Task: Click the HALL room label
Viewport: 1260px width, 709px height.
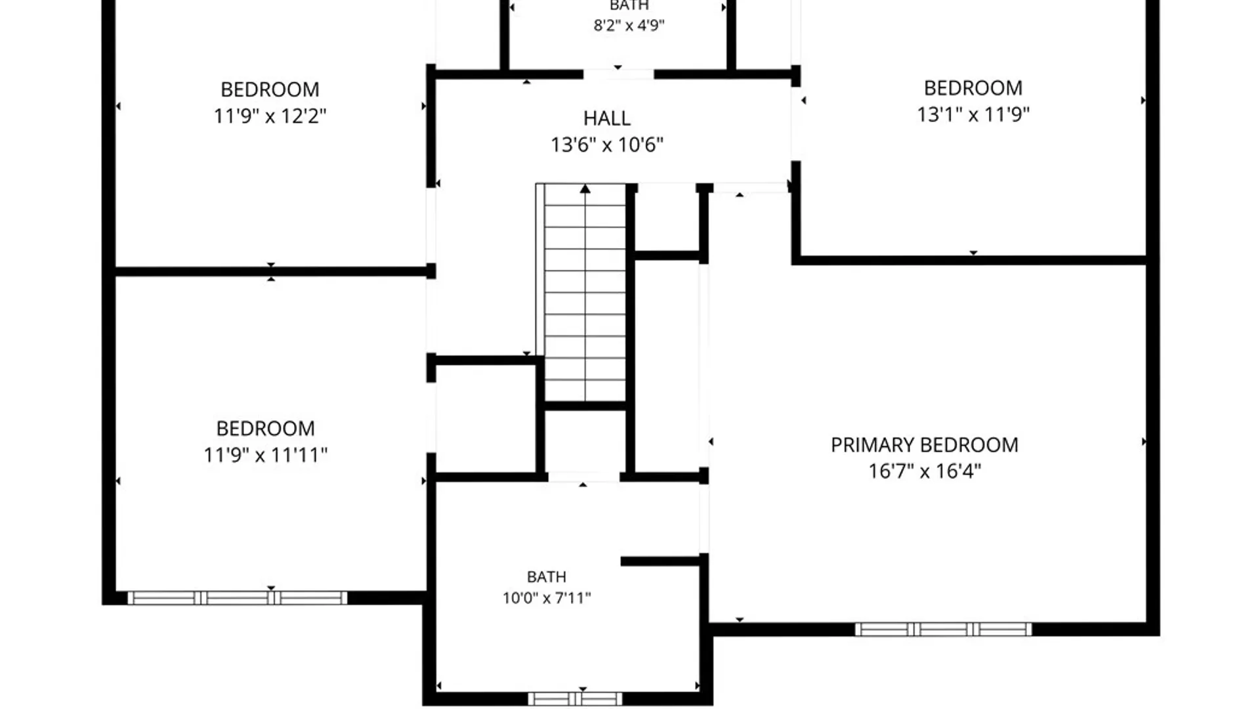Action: tap(607, 118)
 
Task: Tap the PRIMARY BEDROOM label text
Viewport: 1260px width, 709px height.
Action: tap(925, 445)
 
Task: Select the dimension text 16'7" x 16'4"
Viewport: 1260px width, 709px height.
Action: tap(925, 471)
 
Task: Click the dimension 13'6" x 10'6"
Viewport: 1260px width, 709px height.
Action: tap(607, 144)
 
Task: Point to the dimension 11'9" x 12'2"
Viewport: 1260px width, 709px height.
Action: tap(270, 116)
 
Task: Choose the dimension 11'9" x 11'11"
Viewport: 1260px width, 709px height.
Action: tap(265, 455)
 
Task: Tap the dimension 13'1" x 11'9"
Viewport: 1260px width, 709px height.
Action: tap(973, 114)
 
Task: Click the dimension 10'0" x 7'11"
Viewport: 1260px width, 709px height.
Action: tap(547, 598)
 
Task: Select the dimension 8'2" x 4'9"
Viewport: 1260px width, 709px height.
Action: tap(629, 26)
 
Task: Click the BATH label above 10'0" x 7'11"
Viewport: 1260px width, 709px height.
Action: tap(547, 576)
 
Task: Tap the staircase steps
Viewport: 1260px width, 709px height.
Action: tap(585, 293)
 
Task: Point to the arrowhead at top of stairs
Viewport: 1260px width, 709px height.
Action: tap(585, 189)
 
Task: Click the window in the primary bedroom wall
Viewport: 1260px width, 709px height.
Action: tap(943, 630)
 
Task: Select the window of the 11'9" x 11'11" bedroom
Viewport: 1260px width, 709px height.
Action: tap(237, 597)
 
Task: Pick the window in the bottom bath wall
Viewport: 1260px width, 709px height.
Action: tap(576, 698)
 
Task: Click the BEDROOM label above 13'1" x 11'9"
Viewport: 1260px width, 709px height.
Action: tap(973, 88)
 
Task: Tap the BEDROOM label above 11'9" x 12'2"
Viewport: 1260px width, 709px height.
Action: tap(270, 89)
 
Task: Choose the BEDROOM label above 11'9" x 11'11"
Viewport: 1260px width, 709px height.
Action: tap(265, 429)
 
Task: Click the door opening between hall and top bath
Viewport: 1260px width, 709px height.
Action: tap(618, 74)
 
